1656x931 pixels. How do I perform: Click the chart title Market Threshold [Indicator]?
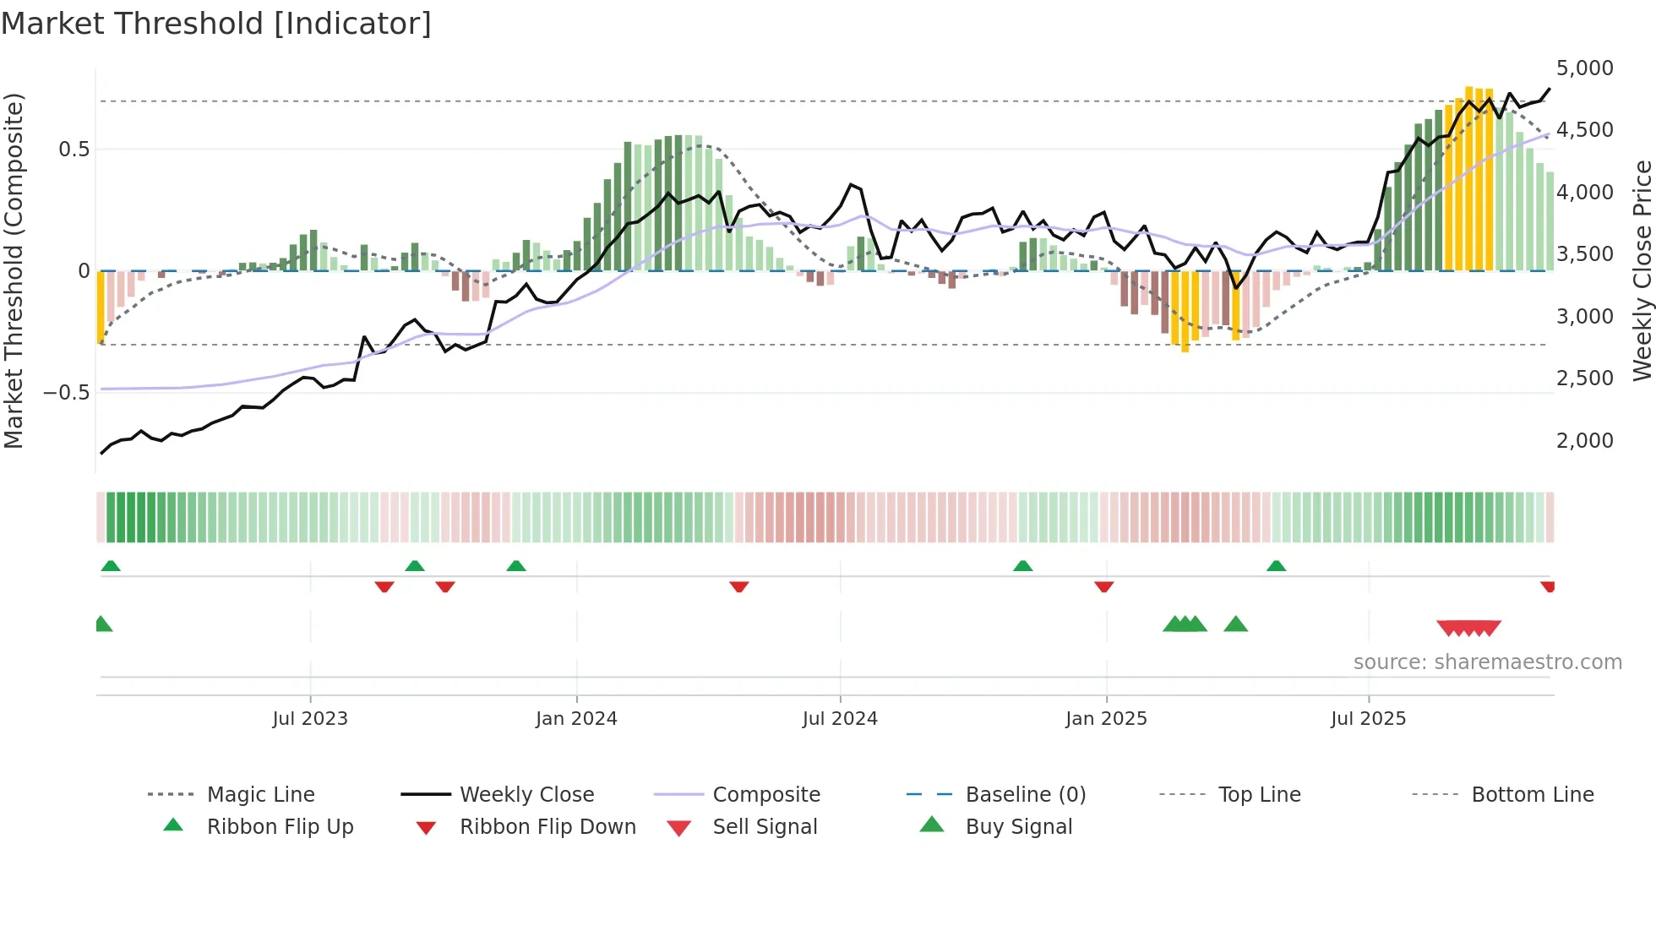216,24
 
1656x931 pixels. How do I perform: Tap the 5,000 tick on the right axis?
1584,68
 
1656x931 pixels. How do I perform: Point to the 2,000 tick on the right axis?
1584,441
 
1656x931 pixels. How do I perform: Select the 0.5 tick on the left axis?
74,150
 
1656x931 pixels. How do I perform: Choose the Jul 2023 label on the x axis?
310,719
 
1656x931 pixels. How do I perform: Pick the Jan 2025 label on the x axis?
1106,719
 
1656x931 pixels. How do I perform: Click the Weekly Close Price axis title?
1642,270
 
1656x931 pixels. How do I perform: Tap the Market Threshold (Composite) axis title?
14,270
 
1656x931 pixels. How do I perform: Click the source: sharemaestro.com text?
1487,662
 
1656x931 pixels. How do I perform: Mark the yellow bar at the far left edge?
101,306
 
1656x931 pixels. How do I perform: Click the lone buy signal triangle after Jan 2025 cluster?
1235,625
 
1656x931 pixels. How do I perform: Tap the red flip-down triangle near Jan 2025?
1103,586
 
